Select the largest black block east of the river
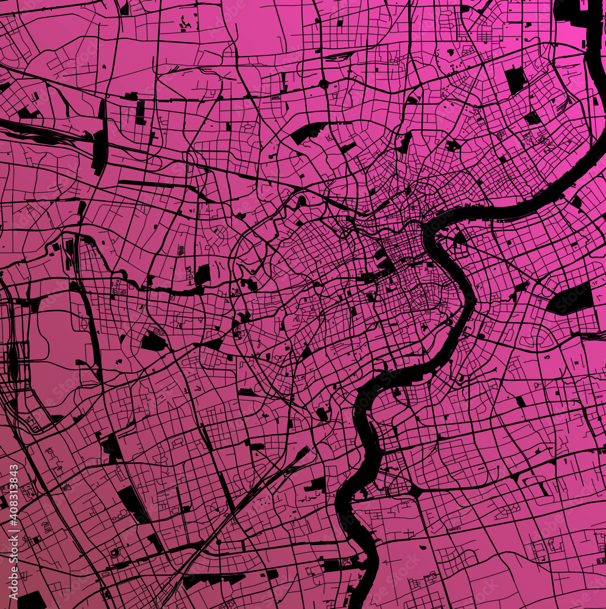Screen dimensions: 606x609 [x=571, y=299]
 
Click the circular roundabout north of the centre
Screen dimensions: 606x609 [x=323, y=83]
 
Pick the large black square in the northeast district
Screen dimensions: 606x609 [x=515, y=80]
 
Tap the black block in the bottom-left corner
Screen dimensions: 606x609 [x=30, y=600]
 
